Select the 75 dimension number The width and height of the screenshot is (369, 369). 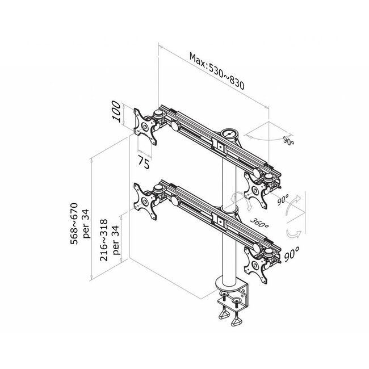144,162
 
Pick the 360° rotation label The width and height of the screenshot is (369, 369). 259,221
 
